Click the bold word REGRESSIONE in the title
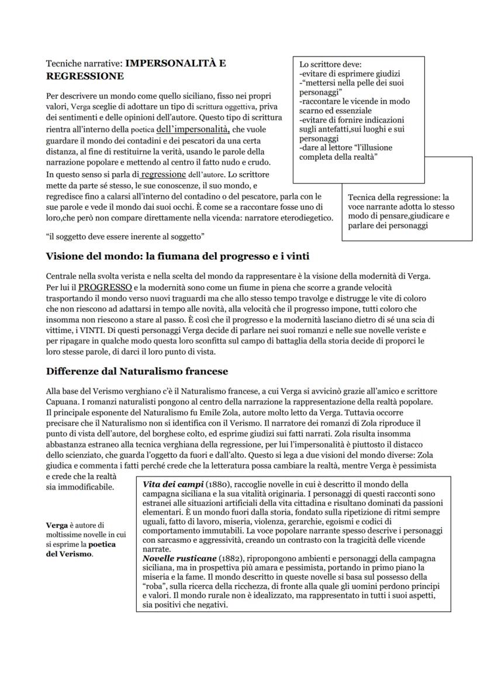click(x=85, y=77)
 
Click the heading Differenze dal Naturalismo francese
click(x=137, y=371)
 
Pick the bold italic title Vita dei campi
click(x=173, y=485)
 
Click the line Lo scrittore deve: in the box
click(x=330, y=64)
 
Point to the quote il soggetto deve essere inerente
click(x=125, y=236)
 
